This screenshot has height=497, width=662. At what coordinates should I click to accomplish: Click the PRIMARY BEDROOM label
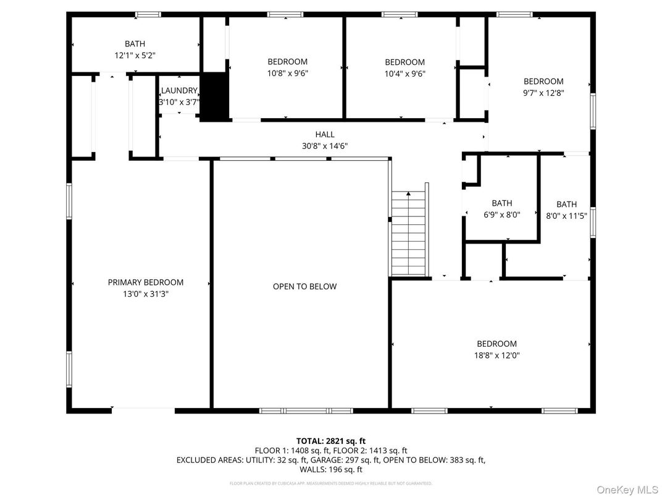pyautogui.click(x=146, y=282)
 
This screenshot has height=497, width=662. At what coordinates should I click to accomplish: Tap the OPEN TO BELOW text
pyautogui.click(x=305, y=286)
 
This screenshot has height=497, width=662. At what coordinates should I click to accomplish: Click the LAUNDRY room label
pyautogui.click(x=179, y=90)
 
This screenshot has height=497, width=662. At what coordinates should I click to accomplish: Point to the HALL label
pyautogui.click(x=325, y=134)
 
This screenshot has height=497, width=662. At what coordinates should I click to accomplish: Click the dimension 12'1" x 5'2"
pyautogui.click(x=135, y=55)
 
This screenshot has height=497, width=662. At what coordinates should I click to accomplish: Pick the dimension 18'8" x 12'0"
pyautogui.click(x=496, y=355)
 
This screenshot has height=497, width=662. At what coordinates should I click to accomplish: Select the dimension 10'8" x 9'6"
pyautogui.click(x=287, y=73)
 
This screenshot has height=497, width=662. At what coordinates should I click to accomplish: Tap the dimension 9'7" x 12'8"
pyautogui.click(x=543, y=93)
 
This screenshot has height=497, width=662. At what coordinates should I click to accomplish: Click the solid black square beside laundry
pyautogui.click(x=214, y=98)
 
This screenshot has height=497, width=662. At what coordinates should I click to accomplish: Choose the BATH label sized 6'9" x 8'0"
pyautogui.click(x=501, y=203)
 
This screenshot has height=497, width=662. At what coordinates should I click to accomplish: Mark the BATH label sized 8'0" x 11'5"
pyautogui.click(x=566, y=205)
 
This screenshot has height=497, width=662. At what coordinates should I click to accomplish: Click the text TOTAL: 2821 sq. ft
pyautogui.click(x=331, y=441)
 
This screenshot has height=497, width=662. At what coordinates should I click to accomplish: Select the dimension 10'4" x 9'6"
pyautogui.click(x=404, y=74)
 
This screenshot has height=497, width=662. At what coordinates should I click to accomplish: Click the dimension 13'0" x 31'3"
pyautogui.click(x=146, y=294)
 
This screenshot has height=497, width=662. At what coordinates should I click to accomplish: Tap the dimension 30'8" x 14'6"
pyautogui.click(x=325, y=147)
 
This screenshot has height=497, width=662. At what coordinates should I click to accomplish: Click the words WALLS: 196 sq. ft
pyautogui.click(x=331, y=470)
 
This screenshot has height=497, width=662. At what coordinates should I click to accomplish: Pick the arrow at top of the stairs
pyautogui.click(x=409, y=195)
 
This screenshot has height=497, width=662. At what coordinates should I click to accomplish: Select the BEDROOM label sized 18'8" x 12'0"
pyautogui.click(x=496, y=344)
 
